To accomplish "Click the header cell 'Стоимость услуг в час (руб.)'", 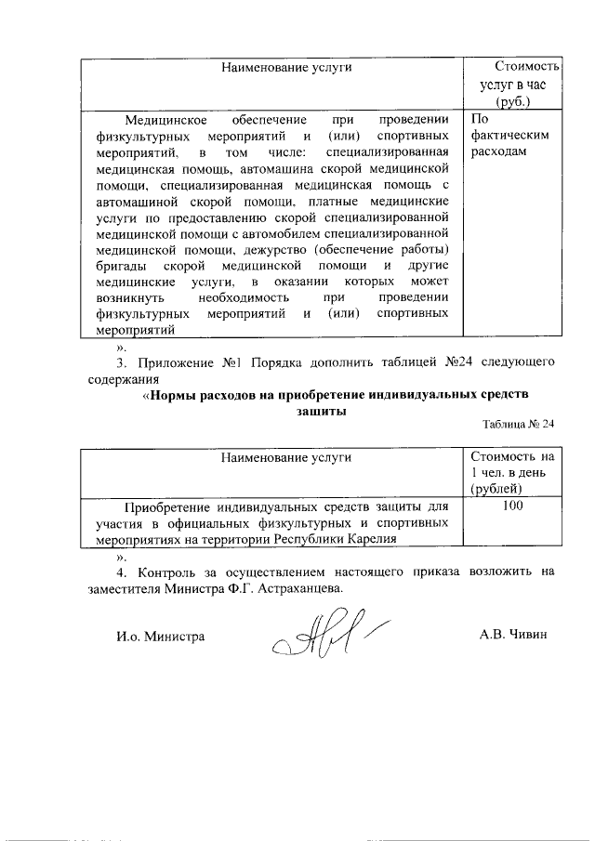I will coord(513,85).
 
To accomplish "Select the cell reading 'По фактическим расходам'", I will coord(510,136).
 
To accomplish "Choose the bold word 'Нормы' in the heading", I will coord(175,394).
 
